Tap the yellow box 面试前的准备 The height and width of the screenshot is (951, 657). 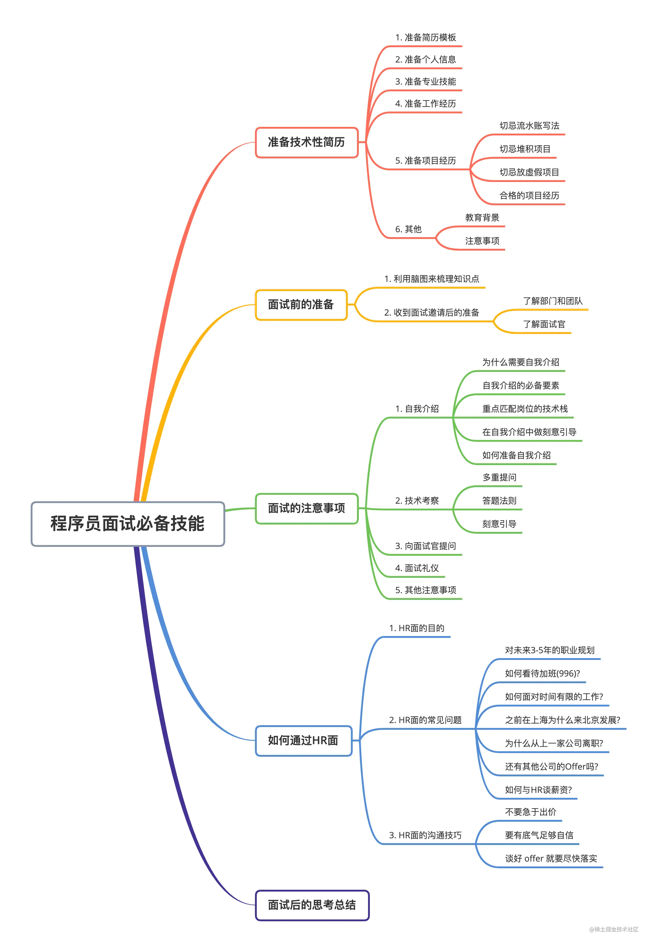(301, 305)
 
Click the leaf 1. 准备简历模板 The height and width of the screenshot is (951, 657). (425, 37)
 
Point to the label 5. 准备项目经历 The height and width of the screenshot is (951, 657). (425, 161)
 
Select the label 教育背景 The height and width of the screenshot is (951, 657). (482, 218)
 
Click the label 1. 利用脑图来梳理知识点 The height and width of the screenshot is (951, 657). (431, 279)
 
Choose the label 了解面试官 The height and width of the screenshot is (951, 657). (544, 324)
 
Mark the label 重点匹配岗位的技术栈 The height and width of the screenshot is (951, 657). (525, 409)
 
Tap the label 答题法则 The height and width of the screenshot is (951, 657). (499, 501)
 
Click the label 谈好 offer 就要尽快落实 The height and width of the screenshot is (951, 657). (551, 858)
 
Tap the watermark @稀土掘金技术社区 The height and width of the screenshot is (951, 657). (613, 929)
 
